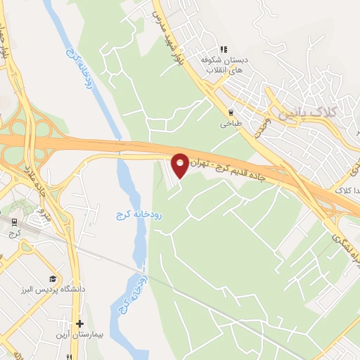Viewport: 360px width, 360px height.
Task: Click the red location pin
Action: pyautogui.click(x=180, y=165)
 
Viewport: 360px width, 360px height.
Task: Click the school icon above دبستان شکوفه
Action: pyautogui.click(x=224, y=49)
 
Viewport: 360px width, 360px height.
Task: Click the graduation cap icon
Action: pyautogui.click(x=53, y=278)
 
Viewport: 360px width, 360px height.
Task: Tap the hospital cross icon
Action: pyautogui.click(x=80, y=325)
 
